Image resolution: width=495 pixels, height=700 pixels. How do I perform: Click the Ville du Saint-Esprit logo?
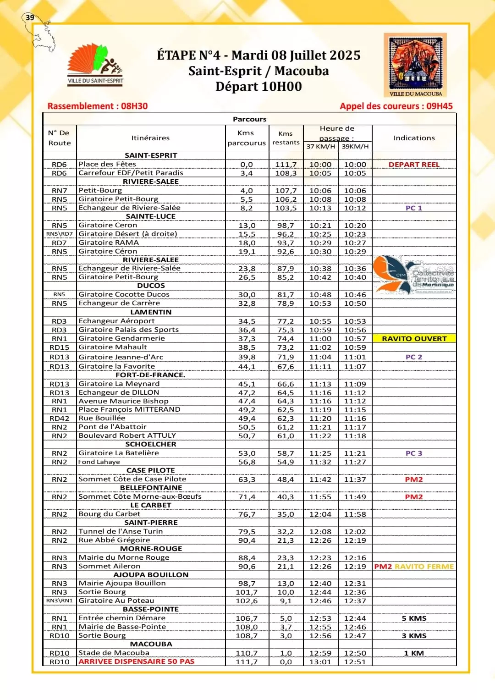pos(95,64)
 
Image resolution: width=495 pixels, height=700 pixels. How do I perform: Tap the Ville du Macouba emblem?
pos(415,64)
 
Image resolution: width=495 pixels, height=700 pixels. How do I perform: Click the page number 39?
pos(30,17)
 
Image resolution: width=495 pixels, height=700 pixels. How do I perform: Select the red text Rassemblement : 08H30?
pos(97,106)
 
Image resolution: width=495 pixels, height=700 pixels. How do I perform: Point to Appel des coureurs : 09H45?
pos(396,106)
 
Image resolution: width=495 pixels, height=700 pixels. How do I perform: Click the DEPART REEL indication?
pos(414,164)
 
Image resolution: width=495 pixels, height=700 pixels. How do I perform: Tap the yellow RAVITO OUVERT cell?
pos(414,338)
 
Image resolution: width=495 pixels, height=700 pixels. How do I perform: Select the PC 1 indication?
pos(414,208)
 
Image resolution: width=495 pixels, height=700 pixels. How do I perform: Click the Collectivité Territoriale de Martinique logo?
pos(414,275)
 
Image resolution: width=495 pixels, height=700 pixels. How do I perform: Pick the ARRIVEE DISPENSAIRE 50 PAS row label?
pos(136,661)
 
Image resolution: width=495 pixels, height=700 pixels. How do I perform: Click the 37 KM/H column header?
pos(321,146)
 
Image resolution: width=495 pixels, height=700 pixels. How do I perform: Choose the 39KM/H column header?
pos(355,146)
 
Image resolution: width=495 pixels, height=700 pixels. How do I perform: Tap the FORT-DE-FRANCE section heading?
pos(150,375)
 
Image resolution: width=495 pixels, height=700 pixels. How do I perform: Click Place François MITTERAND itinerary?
pos(129,409)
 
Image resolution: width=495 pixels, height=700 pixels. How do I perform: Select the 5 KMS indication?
pos(414,618)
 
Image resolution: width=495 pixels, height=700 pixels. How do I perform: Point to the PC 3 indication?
pos(414,453)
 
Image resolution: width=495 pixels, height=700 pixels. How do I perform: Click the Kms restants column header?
pos(286,138)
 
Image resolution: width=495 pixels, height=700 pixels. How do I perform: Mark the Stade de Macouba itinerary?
pos(114,653)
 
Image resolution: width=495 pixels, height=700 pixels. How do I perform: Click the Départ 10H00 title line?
pos(258,87)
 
